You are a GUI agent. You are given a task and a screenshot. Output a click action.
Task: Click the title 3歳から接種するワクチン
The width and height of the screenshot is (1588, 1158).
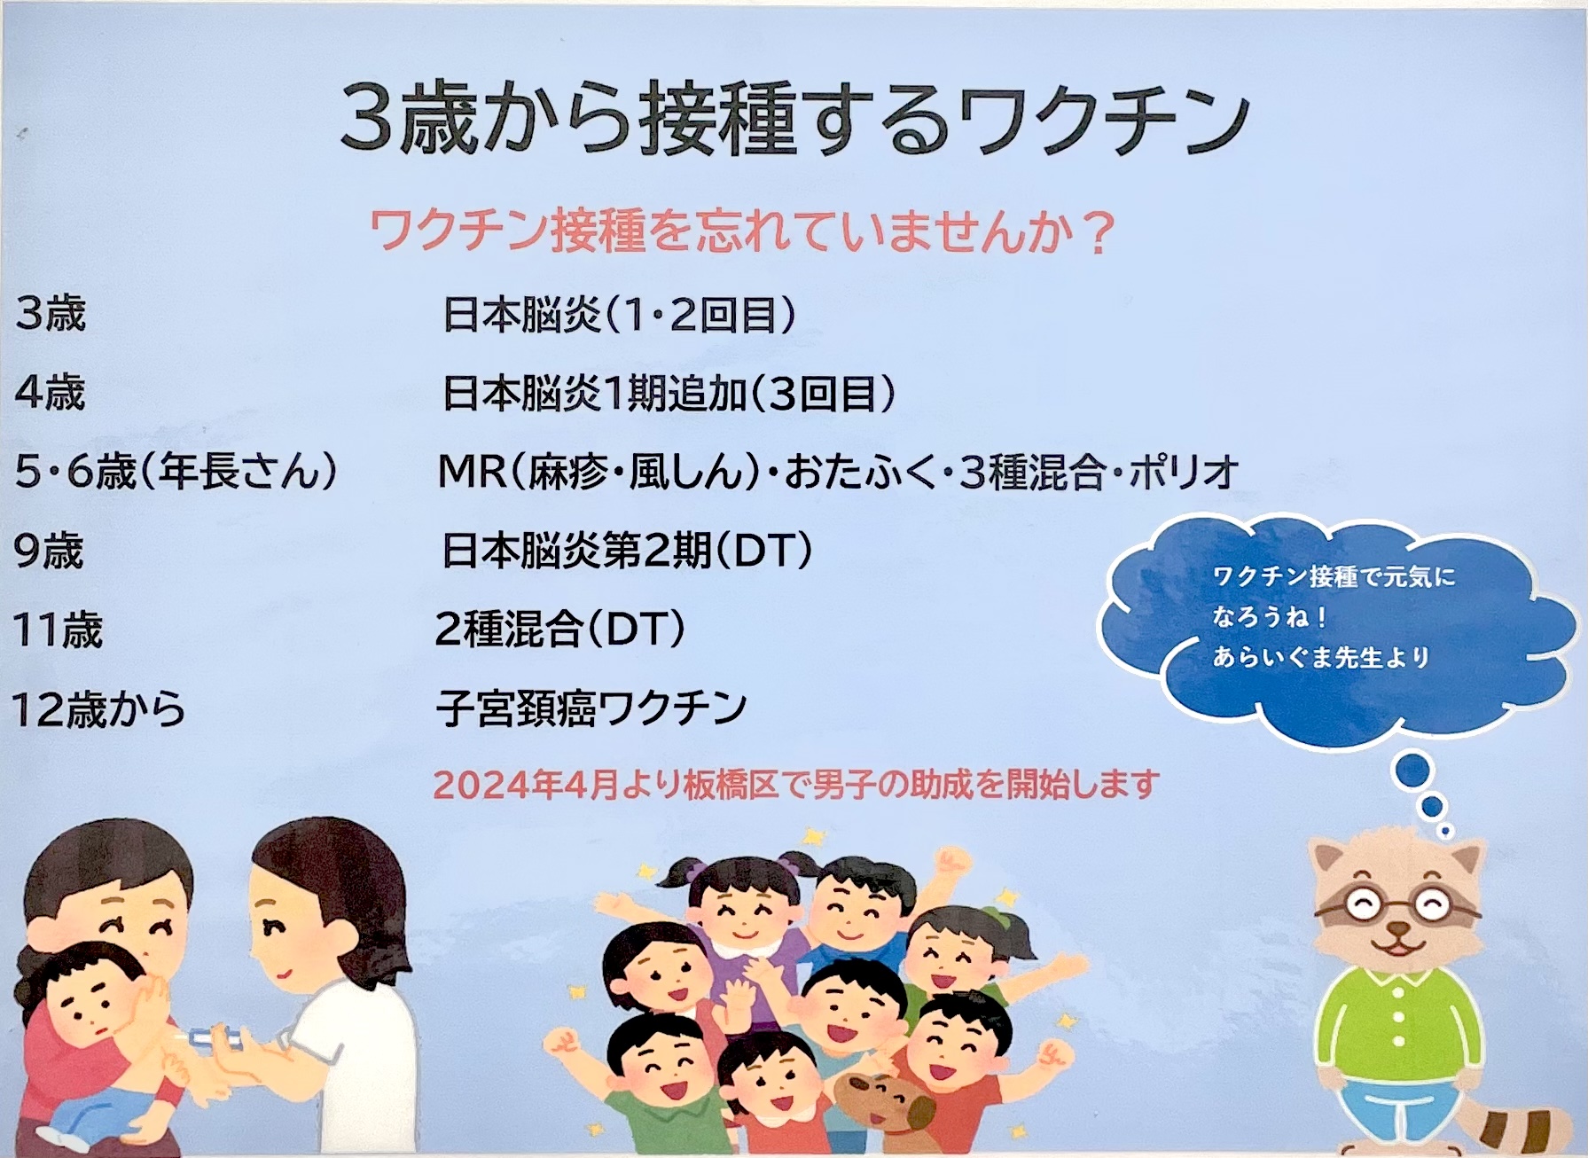tap(794, 119)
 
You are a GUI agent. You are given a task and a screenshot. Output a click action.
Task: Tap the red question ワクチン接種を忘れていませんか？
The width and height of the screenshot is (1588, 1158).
tap(741, 232)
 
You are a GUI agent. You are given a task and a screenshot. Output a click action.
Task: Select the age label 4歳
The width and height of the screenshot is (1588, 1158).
tap(51, 392)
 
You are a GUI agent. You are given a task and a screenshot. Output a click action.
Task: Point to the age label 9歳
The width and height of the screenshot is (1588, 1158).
tap(49, 551)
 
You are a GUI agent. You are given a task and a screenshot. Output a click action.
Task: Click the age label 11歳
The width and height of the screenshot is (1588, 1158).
tap(58, 630)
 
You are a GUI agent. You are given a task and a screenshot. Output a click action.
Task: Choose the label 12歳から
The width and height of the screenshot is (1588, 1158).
tap(98, 709)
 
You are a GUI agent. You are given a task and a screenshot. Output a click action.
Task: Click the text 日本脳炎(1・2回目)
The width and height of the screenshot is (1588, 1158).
tap(619, 314)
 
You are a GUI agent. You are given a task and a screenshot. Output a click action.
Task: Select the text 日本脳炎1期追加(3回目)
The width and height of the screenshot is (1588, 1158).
tap(669, 393)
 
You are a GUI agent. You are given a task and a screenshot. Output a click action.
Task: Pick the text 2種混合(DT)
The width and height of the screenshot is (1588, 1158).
tap(560, 630)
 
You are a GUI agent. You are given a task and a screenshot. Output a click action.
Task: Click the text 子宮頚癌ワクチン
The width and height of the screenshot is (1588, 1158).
tap(591, 708)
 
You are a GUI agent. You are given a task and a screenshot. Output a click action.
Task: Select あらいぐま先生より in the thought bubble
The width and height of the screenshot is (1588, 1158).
tap(1322, 657)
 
